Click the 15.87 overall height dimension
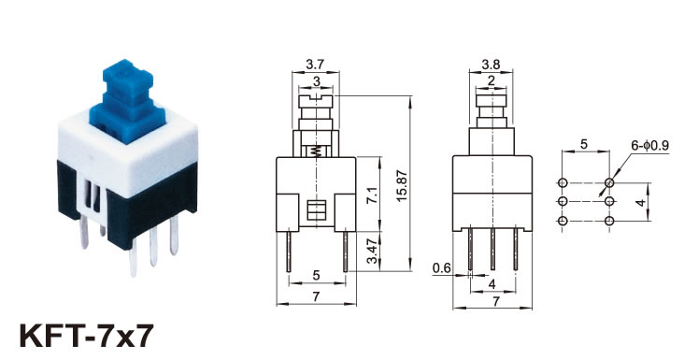(402, 185)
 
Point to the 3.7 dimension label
(315, 65)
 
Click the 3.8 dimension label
(491, 65)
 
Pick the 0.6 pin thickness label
(441, 267)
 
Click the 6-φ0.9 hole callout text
(649, 145)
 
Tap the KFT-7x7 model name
(86, 336)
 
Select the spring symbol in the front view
(317, 151)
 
